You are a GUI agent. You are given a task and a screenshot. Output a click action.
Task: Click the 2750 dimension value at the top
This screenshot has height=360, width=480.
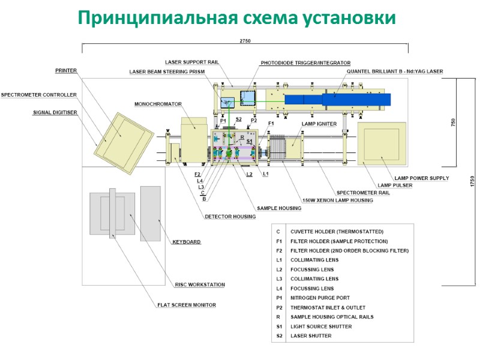click(245, 40)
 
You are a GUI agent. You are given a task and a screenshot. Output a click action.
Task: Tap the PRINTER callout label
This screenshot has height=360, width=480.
click(66, 70)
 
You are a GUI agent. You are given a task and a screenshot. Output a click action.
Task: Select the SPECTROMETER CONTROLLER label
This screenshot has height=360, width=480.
click(38, 95)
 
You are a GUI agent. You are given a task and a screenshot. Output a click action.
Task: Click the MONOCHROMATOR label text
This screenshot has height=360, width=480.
click(158, 104)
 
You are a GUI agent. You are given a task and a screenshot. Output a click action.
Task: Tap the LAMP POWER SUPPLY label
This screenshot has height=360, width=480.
click(421, 178)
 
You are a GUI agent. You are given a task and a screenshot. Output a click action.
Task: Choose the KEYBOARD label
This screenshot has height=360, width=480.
click(186, 242)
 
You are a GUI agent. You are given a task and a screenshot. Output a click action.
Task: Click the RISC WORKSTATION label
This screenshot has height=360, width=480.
click(200, 284)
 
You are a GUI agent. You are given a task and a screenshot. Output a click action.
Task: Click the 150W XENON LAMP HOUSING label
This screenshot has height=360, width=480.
click(337, 200)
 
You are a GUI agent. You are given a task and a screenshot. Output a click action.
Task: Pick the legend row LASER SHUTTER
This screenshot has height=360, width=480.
click(311, 335)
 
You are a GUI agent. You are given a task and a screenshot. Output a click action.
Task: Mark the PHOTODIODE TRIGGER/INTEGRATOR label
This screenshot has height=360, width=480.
click(305, 62)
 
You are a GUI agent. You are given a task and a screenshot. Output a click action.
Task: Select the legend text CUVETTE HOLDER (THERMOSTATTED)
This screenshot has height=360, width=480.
click(337, 232)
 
